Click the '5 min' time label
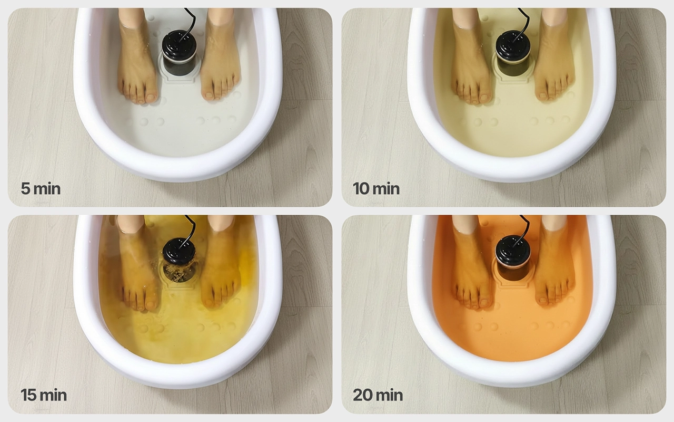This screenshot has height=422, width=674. (41, 189)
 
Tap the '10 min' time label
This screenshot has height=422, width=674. (376, 189)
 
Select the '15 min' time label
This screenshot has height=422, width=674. (44, 395)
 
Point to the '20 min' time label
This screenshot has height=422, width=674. (378, 395)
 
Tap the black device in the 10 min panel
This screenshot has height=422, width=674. (513, 52)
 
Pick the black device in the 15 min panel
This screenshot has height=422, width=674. (179, 259)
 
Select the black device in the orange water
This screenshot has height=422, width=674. (513, 258)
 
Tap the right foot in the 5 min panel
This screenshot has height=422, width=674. (221, 54)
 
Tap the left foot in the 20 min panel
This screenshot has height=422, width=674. (471, 262)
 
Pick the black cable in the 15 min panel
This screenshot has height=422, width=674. (191, 229)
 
